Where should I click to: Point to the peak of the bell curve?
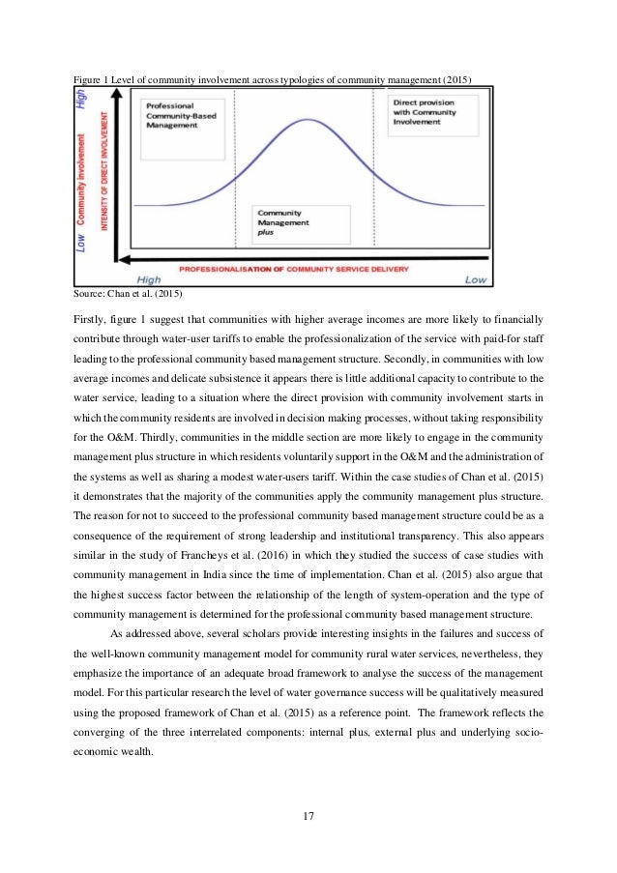308,121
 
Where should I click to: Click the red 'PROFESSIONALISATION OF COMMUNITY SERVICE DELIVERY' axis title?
300,267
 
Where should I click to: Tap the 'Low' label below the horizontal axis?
475,279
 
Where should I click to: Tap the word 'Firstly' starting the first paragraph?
92,318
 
